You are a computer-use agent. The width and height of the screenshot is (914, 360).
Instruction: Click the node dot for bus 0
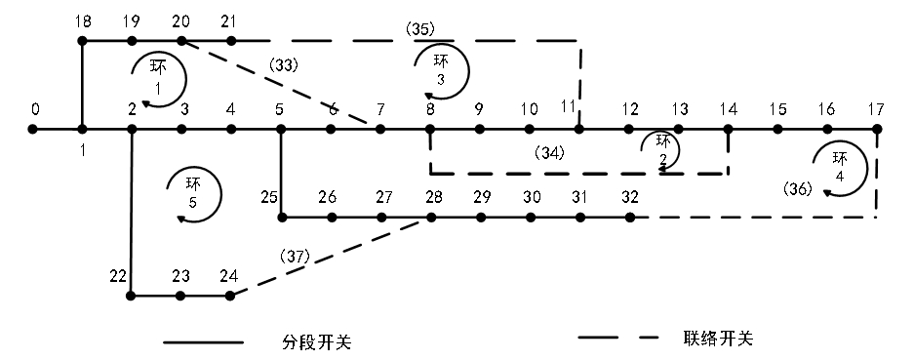[x=33, y=128]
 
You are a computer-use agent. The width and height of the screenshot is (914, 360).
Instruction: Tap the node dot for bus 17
[x=877, y=128]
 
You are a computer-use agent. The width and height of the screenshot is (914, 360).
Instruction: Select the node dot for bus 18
[x=83, y=41]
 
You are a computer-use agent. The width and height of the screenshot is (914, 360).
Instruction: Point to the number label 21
[x=230, y=20]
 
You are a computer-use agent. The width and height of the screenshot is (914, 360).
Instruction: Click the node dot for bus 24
[x=230, y=295]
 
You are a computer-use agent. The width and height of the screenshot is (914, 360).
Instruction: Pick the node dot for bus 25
[x=281, y=217]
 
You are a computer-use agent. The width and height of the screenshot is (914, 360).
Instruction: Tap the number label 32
[x=630, y=197]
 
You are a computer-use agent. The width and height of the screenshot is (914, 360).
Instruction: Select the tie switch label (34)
[x=550, y=151]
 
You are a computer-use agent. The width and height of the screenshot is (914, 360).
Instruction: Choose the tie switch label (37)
[x=295, y=256]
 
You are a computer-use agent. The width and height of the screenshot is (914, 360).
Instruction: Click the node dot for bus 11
[x=579, y=128]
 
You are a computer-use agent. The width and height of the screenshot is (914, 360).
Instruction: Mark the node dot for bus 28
[x=430, y=217]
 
